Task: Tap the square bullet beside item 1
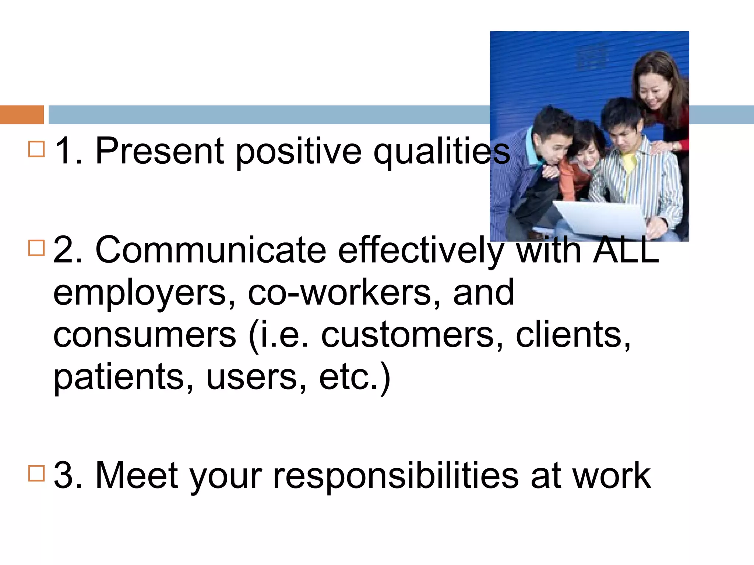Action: pos(36,149)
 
